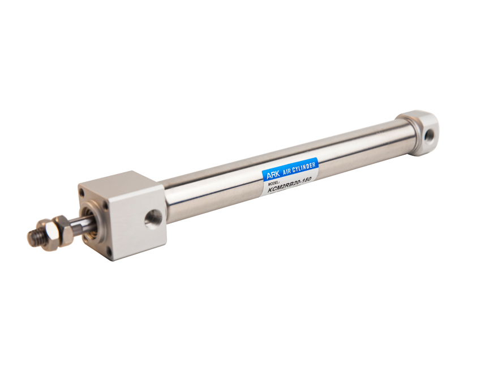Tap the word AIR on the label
pos(286,171)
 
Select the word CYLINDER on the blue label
pos(304,167)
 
